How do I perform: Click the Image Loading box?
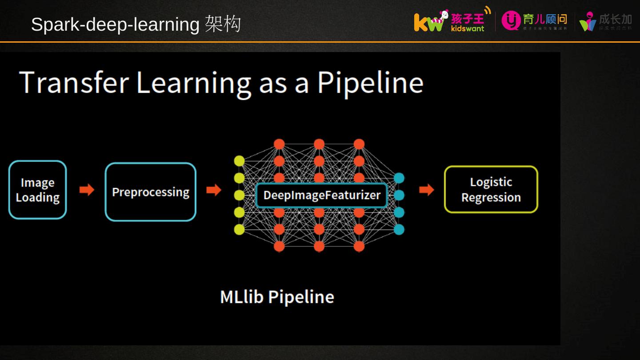coord(38,190)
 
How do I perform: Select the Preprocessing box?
coord(151,192)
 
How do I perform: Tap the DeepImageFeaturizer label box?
coord(322,195)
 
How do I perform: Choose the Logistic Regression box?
coord(491,190)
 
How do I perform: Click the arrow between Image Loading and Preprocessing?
coord(87,190)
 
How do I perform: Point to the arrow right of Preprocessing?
coord(214,190)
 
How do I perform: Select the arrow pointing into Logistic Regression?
coord(426,190)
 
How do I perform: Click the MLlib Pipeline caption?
coord(277,297)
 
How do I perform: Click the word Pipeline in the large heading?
coord(370,83)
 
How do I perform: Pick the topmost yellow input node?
coord(239,160)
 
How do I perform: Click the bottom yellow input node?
coord(239,229)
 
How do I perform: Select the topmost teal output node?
coord(399,178)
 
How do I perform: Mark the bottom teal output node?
coord(399,229)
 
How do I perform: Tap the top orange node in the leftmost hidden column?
coord(279,144)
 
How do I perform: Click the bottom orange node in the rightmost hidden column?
coord(359,246)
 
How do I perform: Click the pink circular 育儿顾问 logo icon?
coord(511,20)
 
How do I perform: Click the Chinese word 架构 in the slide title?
coord(223,24)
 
